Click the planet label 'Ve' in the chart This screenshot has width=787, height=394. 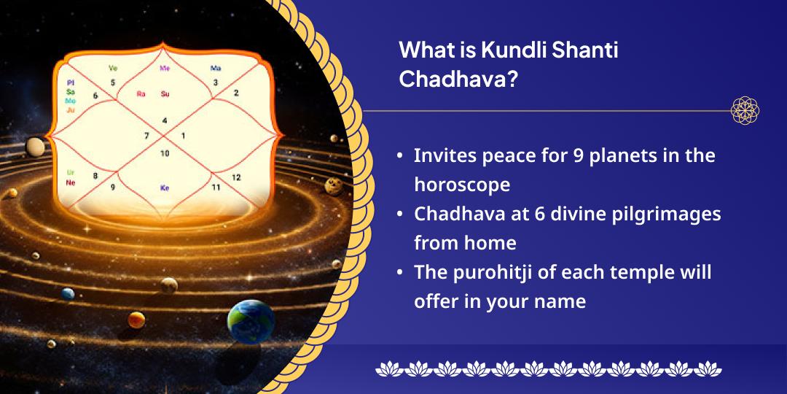(113, 68)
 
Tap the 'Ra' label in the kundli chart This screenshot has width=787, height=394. (141, 93)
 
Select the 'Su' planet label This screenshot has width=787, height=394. (165, 93)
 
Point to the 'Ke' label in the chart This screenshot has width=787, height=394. (165, 188)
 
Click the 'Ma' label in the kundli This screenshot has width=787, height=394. (216, 68)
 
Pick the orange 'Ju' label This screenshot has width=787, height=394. (71, 110)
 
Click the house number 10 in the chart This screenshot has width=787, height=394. (165, 153)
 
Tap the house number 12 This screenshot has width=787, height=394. (236, 177)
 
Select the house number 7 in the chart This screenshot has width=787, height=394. (146, 136)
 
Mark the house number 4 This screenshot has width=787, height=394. (165, 120)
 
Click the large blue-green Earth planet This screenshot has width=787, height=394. (251, 320)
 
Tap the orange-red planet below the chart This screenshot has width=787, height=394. (136, 320)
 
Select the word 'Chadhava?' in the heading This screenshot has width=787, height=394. (458, 80)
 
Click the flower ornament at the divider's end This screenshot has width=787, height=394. (745, 111)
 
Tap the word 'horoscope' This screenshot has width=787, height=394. (462, 185)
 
